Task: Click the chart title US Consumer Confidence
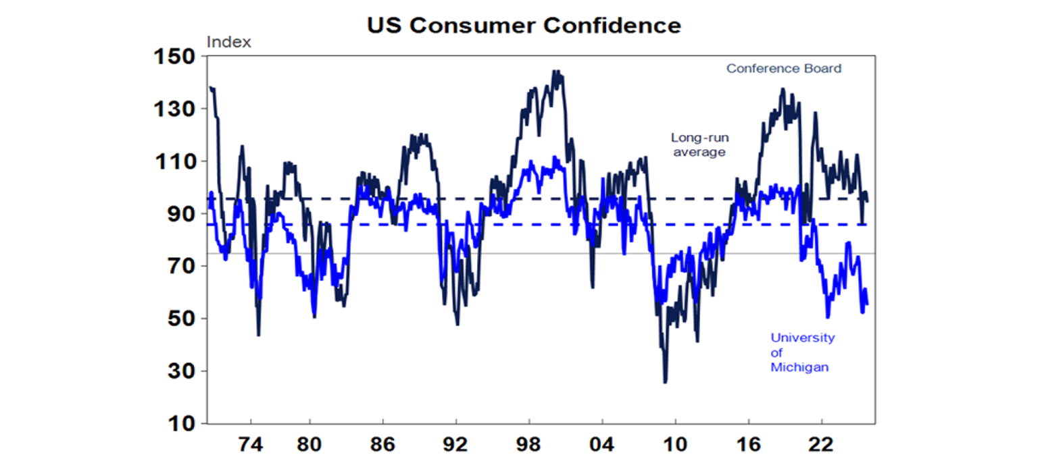[524, 26]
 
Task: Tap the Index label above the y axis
[228, 42]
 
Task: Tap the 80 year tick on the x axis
[310, 446]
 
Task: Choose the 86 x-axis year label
[383, 446]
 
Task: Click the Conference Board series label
[784, 68]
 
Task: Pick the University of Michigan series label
[803, 352]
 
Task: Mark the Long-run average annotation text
[699, 144]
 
